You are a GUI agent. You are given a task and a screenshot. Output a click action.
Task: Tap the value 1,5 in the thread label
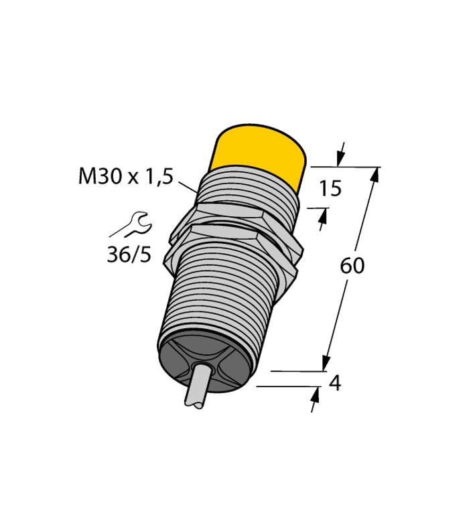coord(158,177)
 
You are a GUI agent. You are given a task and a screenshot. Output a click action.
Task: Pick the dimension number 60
coord(352,266)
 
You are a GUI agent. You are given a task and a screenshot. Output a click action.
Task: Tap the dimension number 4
coord(337,384)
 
